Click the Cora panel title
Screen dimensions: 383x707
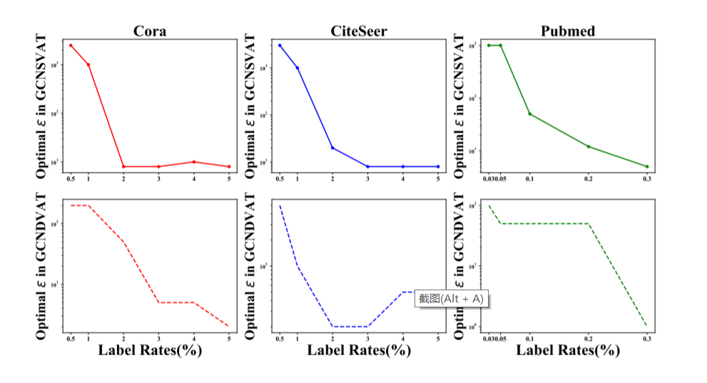tap(150, 31)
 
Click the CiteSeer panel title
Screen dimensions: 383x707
tap(358, 31)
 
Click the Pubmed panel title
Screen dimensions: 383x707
tap(568, 31)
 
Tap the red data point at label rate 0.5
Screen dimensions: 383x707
tap(71, 45)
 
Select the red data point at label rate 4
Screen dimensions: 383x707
tap(193, 162)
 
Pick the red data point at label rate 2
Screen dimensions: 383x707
tap(123, 166)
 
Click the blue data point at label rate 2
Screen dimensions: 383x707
tap(332, 148)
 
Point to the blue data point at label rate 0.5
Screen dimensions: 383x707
tap(280, 45)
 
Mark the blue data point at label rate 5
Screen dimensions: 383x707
tap(438, 166)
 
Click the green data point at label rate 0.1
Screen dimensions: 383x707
tap(529, 113)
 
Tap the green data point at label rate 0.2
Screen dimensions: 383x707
tap(588, 146)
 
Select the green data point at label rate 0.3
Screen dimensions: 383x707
tap(647, 166)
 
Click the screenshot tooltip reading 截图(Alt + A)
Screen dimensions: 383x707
tap(451, 298)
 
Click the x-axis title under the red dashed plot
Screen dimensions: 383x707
tap(150, 350)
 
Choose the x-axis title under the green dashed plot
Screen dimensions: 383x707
tap(568, 350)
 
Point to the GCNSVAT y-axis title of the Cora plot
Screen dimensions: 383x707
tap(43, 106)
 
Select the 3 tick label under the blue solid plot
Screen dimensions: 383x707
tap(367, 177)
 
